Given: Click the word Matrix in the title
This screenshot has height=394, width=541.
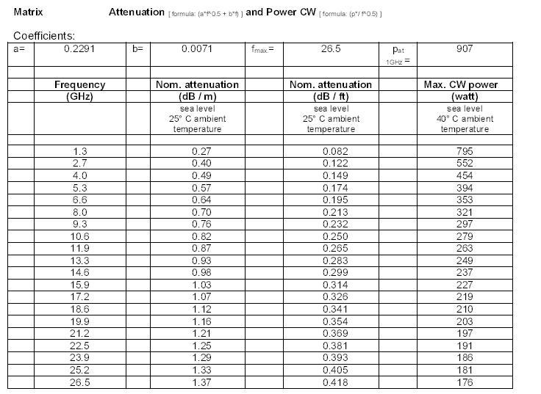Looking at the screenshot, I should pyautogui.click(x=27, y=12).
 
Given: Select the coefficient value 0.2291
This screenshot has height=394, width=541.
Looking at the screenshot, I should pyautogui.click(x=79, y=49).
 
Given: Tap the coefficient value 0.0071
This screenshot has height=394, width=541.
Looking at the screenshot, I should pyautogui.click(x=196, y=49).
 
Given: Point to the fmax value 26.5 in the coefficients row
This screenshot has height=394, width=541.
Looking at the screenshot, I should pyautogui.click(x=330, y=49).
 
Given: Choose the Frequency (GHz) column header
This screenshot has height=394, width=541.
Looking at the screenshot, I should pyautogui.click(x=79, y=90).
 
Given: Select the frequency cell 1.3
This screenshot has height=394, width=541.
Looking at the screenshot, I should pyautogui.click(x=79, y=151).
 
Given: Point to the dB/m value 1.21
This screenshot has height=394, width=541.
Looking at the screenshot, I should pyautogui.click(x=196, y=334).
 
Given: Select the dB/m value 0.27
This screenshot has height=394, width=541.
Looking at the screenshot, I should pyautogui.click(x=196, y=151).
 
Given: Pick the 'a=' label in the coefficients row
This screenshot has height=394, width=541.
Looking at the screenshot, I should pyautogui.click(x=20, y=49).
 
